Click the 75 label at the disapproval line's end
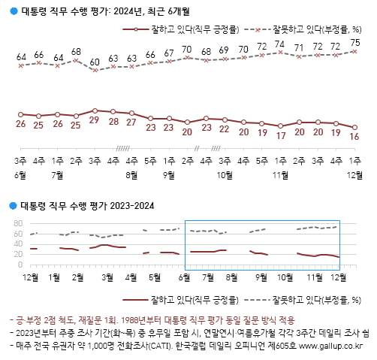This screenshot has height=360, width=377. tap(354, 42)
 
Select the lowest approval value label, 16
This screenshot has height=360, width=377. tap(354, 137)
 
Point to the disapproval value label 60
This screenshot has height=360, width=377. tap(95, 62)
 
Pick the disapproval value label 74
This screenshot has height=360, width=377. tap(280, 44)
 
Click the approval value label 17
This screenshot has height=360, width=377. tap(280, 136)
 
